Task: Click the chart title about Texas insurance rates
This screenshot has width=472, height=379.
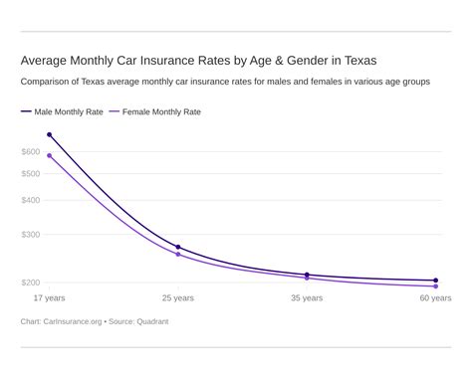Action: pyautogui.click(x=198, y=60)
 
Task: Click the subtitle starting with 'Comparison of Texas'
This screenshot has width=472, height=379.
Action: pyautogui.click(x=225, y=82)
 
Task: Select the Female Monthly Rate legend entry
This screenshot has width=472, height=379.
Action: pyautogui.click(x=160, y=112)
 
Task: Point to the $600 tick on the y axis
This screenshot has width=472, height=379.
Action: pyautogui.click(x=31, y=151)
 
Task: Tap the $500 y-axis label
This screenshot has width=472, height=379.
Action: pyautogui.click(x=31, y=174)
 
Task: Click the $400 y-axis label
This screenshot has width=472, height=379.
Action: pyautogui.click(x=31, y=200)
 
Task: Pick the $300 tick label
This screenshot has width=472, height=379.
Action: pyautogui.click(x=31, y=235)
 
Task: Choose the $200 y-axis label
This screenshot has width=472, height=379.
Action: pyautogui.click(x=31, y=283)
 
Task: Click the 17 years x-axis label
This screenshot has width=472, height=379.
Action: pyautogui.click(x=50, y=297)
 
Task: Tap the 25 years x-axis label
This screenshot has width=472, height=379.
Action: pyautogui.click(x=178, y=297)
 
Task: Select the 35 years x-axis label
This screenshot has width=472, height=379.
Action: pyautogui.click(x=307, y=297)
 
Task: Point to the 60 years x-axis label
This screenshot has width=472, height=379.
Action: pyautogui.click(x=435, y=297)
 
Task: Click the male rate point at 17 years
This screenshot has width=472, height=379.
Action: pyautogui.click(x=50, y=134)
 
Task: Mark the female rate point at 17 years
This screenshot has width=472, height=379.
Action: pyautogui.click(x=50, y=155)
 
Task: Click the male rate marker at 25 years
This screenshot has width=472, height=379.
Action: pyautogui.click(x=178, y=247)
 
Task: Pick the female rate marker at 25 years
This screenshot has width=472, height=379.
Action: pyautogui.click(x=178, y=255)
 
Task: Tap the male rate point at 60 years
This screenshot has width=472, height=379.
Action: pyautogui.click(x=435, y=281)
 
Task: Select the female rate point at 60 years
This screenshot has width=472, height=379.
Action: pyautogui.click(x=435, y=286)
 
